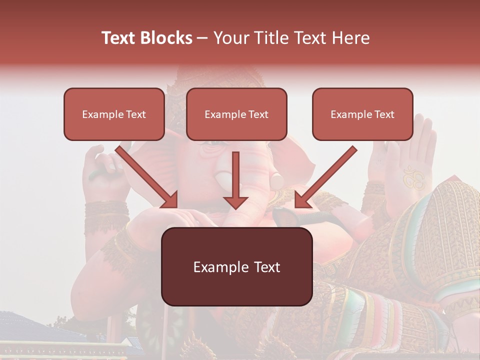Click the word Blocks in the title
tap(166, 38)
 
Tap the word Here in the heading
tap(350, 38)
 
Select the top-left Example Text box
tap(114, 114)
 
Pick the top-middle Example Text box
tap(236, 114)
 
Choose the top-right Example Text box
tap(362, 114)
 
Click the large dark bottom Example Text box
tap(236, 266)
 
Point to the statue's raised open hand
tap(410, 160)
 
